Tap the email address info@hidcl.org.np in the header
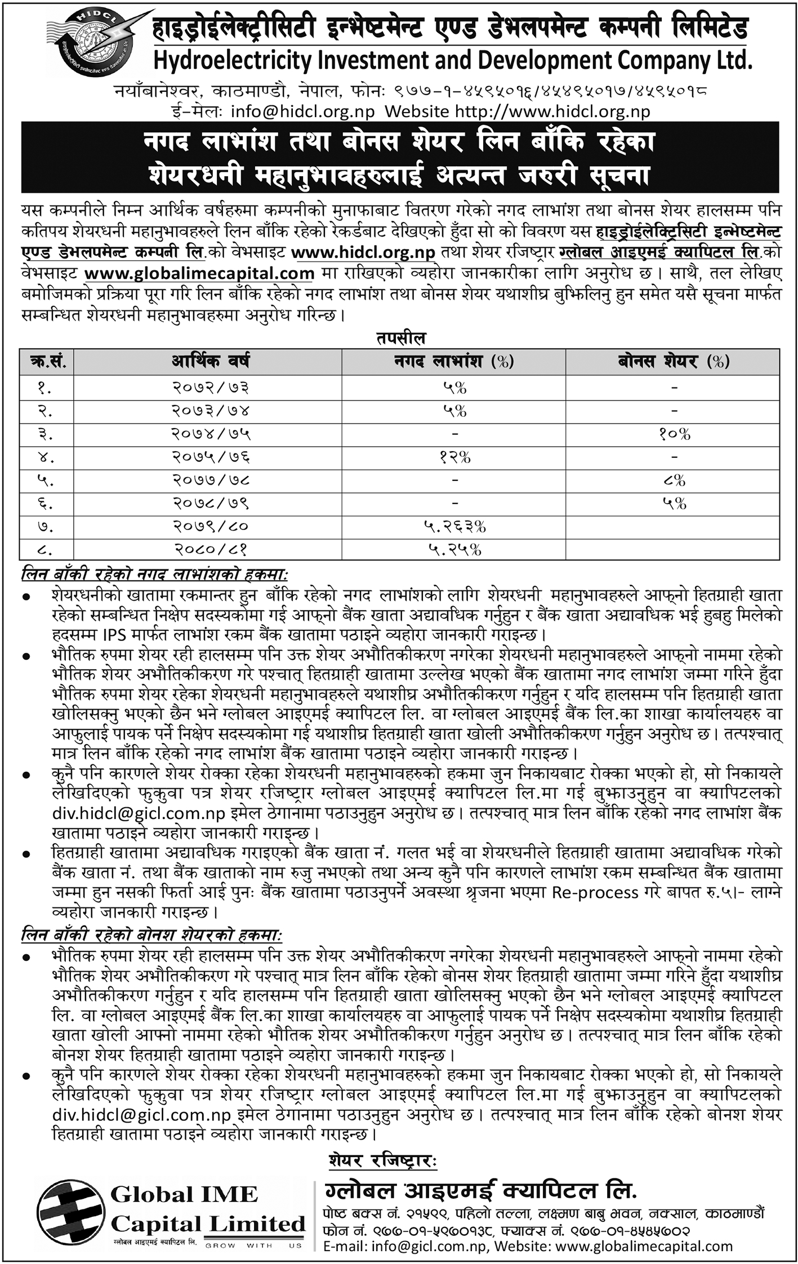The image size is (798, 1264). point(302,112)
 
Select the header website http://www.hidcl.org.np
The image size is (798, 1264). point(552,112)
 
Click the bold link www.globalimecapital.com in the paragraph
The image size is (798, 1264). point(199,273)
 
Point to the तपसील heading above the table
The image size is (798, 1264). point(401,339)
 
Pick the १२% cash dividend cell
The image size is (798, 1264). point(454,457)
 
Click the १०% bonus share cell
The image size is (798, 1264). point(674,434)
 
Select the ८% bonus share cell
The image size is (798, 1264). point(674,480)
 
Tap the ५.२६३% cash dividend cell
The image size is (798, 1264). point(454,527)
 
